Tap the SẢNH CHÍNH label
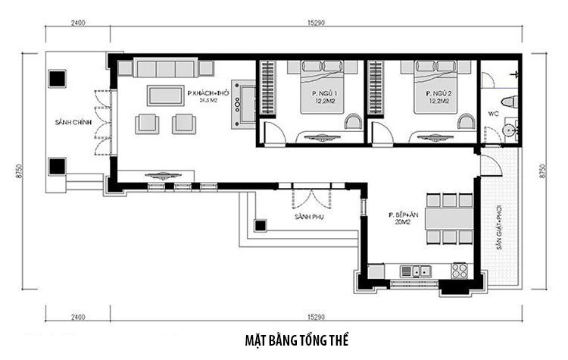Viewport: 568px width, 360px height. click(67, 122)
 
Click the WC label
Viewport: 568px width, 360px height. click(492, 114)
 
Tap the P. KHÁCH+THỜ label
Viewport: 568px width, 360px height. click(208, 93)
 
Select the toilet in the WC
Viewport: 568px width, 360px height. click(508, 102)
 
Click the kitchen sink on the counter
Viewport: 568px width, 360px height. click(417, 271)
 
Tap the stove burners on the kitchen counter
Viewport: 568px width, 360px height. click(459, 270)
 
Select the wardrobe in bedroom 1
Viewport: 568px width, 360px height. click(267, 88)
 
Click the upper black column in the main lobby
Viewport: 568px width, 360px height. click(58, 78)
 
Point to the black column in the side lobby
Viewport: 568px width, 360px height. click(261, 225)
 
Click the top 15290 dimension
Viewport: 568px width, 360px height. click(317, 23)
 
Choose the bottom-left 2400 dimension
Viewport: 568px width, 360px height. click(78, 316)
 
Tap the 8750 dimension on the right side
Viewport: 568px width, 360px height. click(541, 171)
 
